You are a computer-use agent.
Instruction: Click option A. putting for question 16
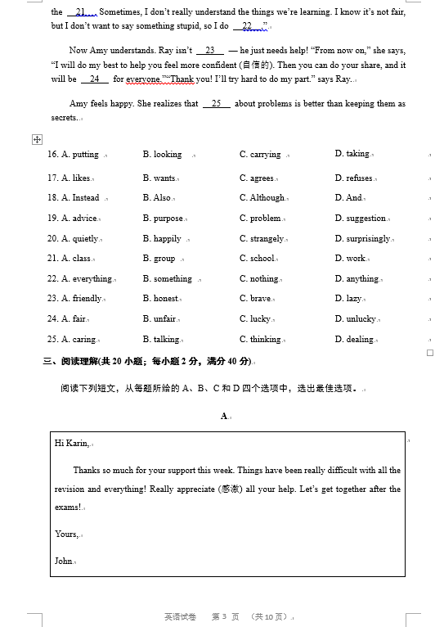coord(80,155)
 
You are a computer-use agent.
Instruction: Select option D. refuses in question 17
coord(353,178)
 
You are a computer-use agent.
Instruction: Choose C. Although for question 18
coord(262,198)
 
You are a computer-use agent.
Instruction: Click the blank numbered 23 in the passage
coord(209,51)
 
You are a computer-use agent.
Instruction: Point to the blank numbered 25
coord(216,104)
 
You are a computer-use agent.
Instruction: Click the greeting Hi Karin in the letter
coord(72,444)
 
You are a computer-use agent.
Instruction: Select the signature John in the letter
coord(64,562)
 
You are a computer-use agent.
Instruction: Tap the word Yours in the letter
coord(66,535)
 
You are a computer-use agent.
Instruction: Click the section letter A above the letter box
coord(223,417)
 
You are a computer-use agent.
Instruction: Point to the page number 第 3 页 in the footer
coord(225,616)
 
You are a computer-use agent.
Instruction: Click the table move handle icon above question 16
coord(37,139)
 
